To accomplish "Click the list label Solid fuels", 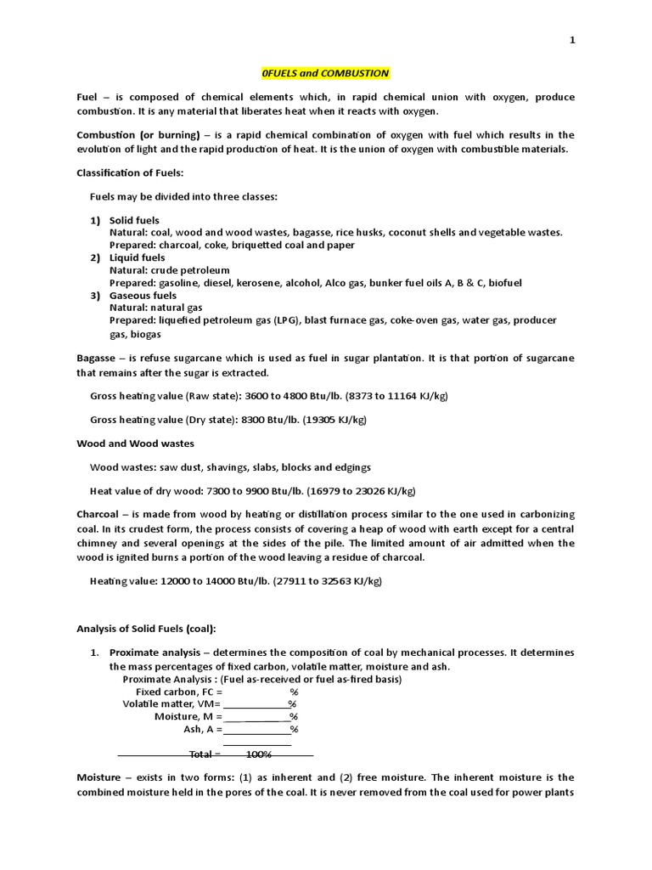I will click(x=134, y=220).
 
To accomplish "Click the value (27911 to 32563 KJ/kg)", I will click(x=332, y=581).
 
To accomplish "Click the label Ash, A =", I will click(x=203, y=729).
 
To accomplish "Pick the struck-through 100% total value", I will click(x=258, y=754).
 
